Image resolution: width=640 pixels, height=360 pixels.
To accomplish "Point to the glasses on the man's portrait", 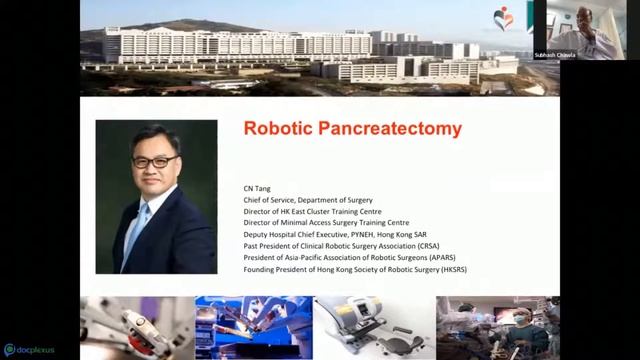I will (x=155, y=161).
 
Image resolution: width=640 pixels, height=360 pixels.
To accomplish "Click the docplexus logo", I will (x=33, y=350).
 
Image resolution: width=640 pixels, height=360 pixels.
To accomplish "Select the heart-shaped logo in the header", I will (x=503, y=17).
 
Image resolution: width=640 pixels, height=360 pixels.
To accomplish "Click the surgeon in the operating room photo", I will (x=519, y=324).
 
